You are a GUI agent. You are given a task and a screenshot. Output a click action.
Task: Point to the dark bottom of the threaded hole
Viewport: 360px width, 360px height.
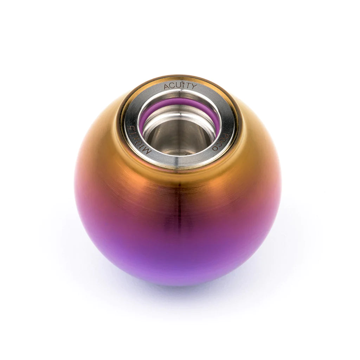[x=179, y=141]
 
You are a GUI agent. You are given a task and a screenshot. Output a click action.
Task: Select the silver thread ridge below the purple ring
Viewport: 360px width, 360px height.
[x=179, y=120]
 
